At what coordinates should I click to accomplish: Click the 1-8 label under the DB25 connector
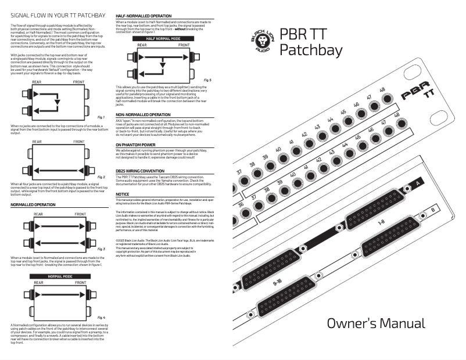381,221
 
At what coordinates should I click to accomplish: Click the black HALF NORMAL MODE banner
159,38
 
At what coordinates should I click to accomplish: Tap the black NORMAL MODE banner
59,276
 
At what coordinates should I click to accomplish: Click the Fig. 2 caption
101,177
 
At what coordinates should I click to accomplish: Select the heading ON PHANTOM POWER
135,144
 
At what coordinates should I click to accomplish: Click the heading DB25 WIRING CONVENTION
144,171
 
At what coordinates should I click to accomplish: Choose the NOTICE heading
123,194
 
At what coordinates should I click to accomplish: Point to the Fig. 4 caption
101,317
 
